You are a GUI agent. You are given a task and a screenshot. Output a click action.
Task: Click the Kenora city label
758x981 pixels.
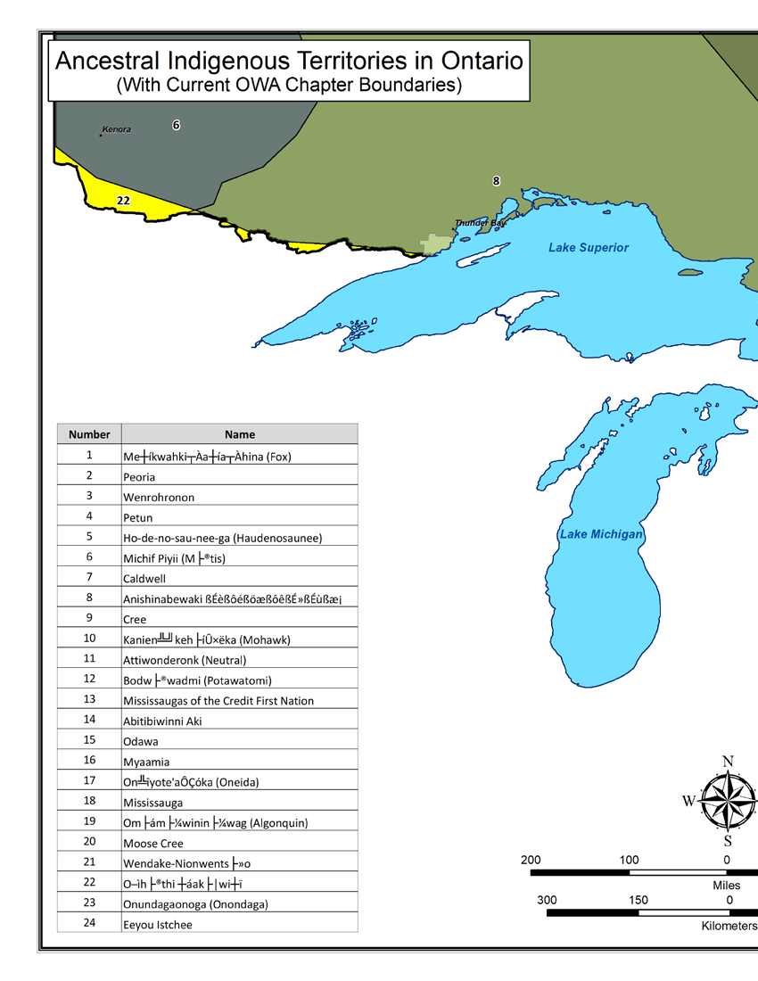(x=117, y=130)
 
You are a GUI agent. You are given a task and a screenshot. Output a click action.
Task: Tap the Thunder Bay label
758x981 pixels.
(x=480, y=223)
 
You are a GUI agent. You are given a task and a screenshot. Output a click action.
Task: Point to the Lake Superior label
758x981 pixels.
(x=589, y=248)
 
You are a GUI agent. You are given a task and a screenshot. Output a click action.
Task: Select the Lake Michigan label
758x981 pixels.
(x=601, y=534)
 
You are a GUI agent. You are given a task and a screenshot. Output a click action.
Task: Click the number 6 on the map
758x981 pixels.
(x=177, y=126)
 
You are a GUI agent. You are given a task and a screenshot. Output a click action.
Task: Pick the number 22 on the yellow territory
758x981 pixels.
(x=124, y=202)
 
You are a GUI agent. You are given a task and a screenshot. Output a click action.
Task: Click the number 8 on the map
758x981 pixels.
(x=497, y=182)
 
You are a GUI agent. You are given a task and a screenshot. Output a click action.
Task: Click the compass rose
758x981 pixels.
(x=728, y=801)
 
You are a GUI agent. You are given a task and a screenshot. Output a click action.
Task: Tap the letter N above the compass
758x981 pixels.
(x=728, y=762)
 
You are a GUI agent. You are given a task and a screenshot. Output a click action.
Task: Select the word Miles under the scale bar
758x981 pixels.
(x=727, y=886)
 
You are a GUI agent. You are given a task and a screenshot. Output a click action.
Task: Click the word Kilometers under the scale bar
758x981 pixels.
(x=729, y=927)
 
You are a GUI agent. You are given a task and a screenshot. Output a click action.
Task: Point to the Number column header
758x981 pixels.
(x=89, y=434)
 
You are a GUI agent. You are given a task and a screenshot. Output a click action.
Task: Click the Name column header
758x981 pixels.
(x=240, y=434)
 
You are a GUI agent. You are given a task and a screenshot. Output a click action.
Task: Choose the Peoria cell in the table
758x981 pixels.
(x=139, y=477)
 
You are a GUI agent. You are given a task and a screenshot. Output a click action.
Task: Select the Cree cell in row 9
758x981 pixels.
(x=135, y=620)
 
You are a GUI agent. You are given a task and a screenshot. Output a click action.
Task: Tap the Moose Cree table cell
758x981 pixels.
(x=153, y=844)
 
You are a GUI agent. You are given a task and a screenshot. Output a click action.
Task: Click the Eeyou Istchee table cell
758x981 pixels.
(x=157, y=925)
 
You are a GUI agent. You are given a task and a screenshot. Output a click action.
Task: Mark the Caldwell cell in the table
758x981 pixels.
(x=144, y=579)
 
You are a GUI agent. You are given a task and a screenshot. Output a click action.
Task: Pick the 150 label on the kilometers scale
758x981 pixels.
(x=639, y=901)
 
